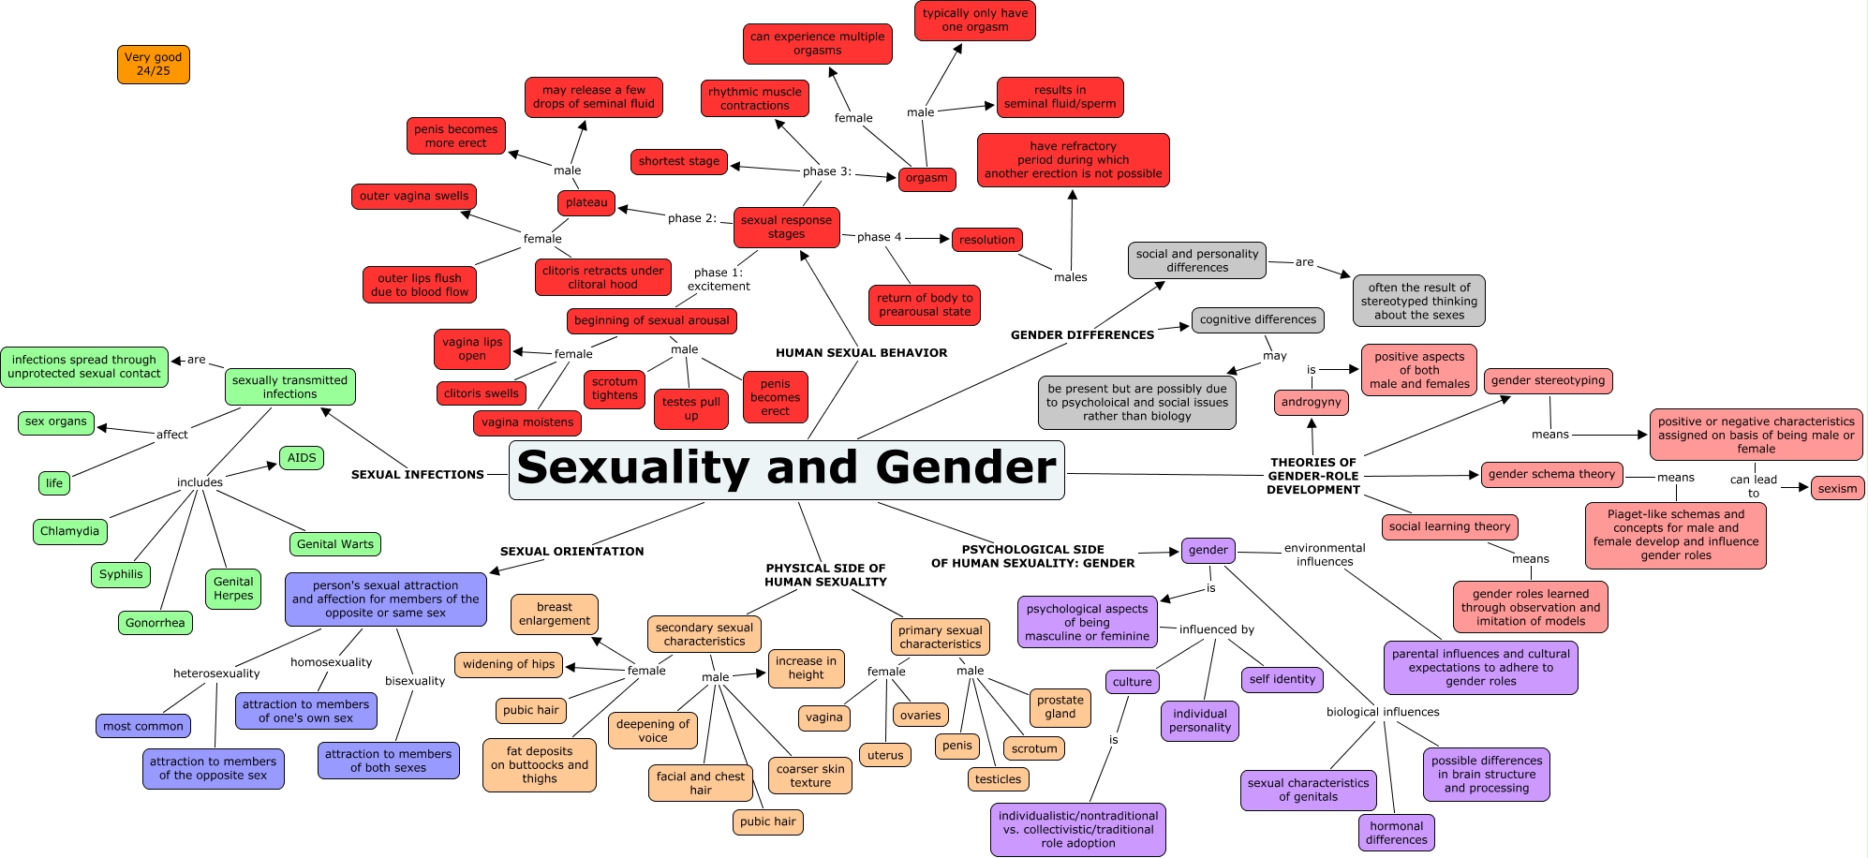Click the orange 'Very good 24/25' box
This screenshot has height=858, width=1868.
point(154,65)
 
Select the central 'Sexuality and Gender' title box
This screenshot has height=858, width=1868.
point(786,469)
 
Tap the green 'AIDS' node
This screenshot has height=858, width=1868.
point(302,458)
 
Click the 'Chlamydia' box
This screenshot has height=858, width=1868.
point(69,531)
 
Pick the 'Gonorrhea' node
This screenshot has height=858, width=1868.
point(156,623)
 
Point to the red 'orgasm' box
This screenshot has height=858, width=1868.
point(927,178)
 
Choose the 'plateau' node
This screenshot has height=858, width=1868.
point(586,202)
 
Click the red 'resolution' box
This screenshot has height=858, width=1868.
point(986,240)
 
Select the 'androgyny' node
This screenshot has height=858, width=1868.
point(1312,403)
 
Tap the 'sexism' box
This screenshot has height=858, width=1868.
point(1837,488)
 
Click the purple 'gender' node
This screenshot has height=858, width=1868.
point(1208,551)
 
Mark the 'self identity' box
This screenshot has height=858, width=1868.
point(1282,679)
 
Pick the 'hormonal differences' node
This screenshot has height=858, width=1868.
point(1396,833)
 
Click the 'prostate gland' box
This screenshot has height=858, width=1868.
point(1060,707)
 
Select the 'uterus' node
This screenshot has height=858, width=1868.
point(885,755)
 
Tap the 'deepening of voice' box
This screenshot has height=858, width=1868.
point(653,731)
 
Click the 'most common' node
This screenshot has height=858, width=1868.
point(143,726)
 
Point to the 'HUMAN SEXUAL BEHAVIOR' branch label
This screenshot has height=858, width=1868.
point(861,353)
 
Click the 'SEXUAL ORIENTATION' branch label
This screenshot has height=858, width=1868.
point(571,552)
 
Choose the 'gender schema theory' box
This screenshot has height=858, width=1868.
point(1551,475)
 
